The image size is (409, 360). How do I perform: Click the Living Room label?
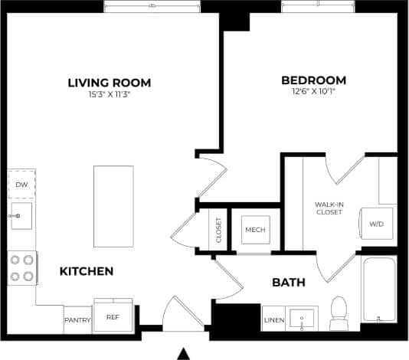coord(109,83)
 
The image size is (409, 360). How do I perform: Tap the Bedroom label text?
coord(313,80)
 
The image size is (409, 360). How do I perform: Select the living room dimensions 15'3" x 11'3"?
coord(109,95)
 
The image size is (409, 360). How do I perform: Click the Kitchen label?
coord(87,271)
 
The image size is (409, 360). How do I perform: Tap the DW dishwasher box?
coord(21,185)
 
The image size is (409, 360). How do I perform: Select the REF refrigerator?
coord(113,317)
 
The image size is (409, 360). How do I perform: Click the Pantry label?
coord(77,319)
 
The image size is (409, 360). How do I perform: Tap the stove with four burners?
coord(21,267)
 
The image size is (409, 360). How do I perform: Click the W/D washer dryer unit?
coord(377,224)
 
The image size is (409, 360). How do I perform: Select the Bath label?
coord(289,283)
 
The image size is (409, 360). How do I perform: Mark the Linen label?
coord(274,319)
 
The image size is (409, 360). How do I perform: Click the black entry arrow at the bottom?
coord(183,353)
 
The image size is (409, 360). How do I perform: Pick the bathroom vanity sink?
coord(303,318)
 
